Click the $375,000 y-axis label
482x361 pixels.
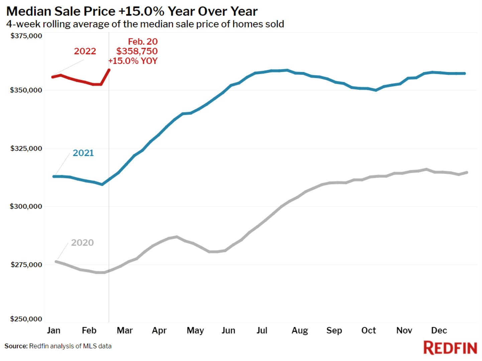click(x=26, y=36)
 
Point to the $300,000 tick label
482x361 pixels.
click(x=26, y=206)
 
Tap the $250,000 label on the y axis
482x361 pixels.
click(x=26, y=319)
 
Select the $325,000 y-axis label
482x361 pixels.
click(x=26, y=148)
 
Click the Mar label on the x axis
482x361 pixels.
click(x=125, y=331)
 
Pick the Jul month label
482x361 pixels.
click(x=262, y=331)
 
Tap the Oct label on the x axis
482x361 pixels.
click(x=369, y=331)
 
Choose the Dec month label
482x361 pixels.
click(x=439, y=331)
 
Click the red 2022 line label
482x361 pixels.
click(x=85, y=51)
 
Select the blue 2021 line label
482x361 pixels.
click(x=83, y=153)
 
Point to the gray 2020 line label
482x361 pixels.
click(x=82, y=242)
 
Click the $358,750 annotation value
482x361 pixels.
click(x=137, y=51)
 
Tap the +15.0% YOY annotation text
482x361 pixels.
click(x=133, y=61)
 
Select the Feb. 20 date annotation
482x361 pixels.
click(x=143, y=42)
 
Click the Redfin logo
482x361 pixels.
click(x=450, y=348)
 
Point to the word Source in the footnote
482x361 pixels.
click(x=16, y=346)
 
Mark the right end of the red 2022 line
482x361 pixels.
click(x=109, y=70)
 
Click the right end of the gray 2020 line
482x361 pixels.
click(x=467, y=172)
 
